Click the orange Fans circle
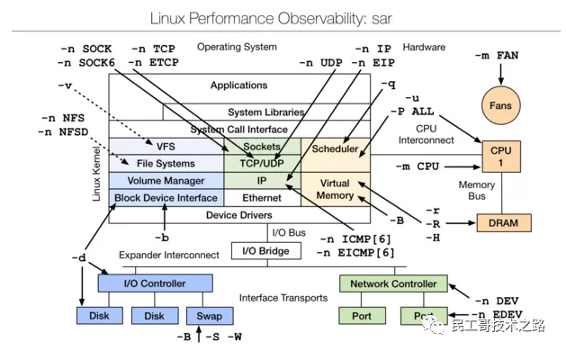pyautogui.click(x=499, y=105)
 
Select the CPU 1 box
pyautogui.click(x=499, y=157)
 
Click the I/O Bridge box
pyautogui.click(x=261, y=250)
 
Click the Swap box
pyautogui.click(x=209, y=316)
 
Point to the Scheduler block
pyautogui.click(x=335, y=148)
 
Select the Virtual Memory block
pyautogui.click(x=335, y=190)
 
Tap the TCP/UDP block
pyautogui.click(x=262, y=164)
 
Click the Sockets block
pyautogui.click(x=262, y=147)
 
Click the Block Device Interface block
pyautogui.click(x=166, y=197)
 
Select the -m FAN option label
pyautogui.click(x=496, y=56)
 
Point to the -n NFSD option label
pyautogui.click(x=66, y=132)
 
